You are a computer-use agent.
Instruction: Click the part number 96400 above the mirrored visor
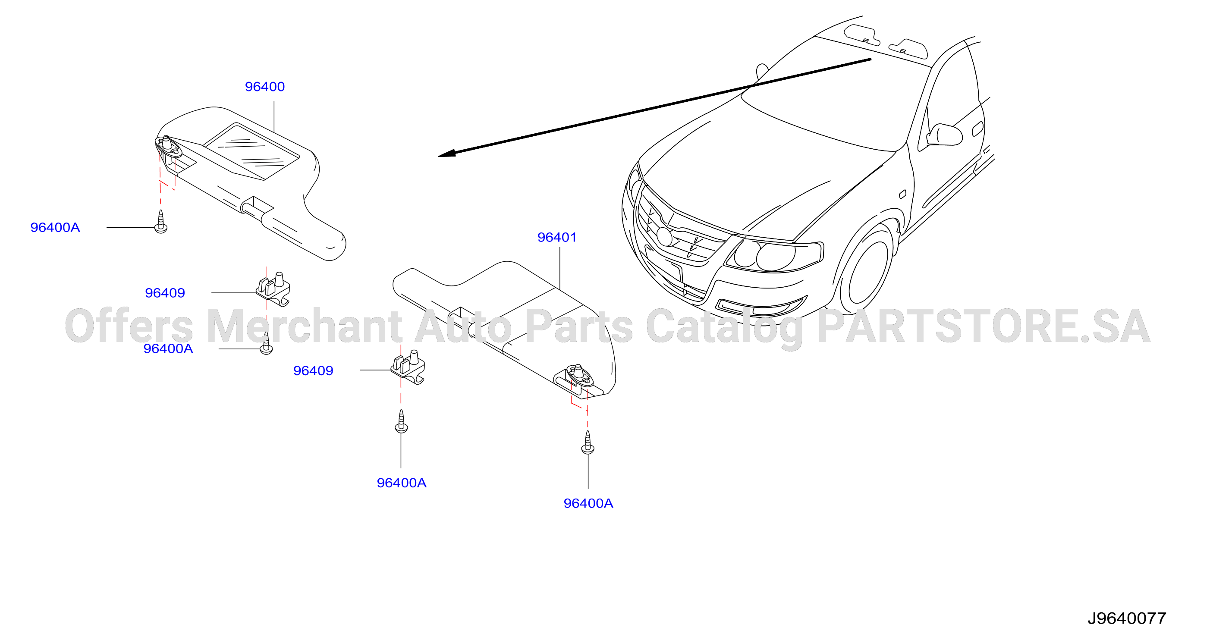[264, 87]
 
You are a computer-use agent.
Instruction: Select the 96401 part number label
[557, 237]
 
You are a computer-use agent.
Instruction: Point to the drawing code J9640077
[1126, 618]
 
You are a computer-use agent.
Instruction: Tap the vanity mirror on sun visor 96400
[251, 151]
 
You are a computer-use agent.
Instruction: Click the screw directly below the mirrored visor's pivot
[161, 222]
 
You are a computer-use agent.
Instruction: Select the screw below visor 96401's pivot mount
[588, 442]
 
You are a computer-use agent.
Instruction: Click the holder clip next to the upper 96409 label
[273, 289]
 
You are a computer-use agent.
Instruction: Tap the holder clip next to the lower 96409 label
[408, 367]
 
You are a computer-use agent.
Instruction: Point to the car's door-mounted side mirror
[945, 135]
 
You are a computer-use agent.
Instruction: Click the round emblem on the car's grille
[665, 236]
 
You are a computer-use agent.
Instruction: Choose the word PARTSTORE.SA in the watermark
[984, 326]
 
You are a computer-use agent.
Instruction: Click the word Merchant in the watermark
[304, 326]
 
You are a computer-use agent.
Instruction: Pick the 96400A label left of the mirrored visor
[55, 227]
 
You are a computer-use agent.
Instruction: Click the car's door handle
[977, 129]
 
